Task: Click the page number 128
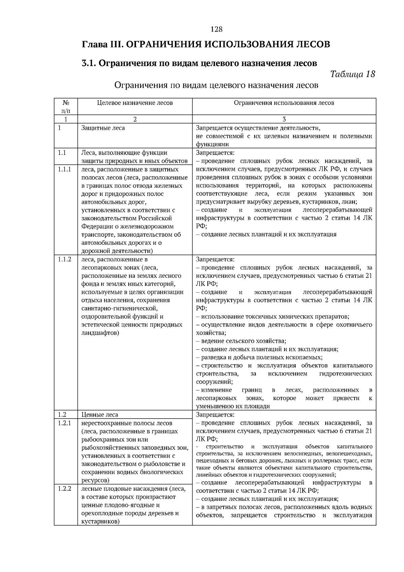[216, 29]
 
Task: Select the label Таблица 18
[353, 74]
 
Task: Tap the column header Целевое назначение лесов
[135, 103]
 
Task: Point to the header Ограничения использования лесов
[284, 103]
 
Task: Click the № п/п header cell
[66, 107]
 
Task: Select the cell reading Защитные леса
[103, 128]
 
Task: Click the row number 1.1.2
[64, 260]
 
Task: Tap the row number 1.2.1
[64, 423]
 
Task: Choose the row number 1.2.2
[64, 489]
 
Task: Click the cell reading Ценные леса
[100, 415]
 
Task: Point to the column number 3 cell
[284, 119]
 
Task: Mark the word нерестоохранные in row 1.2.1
[105, 423]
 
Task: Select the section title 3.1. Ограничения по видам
[199, 63]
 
